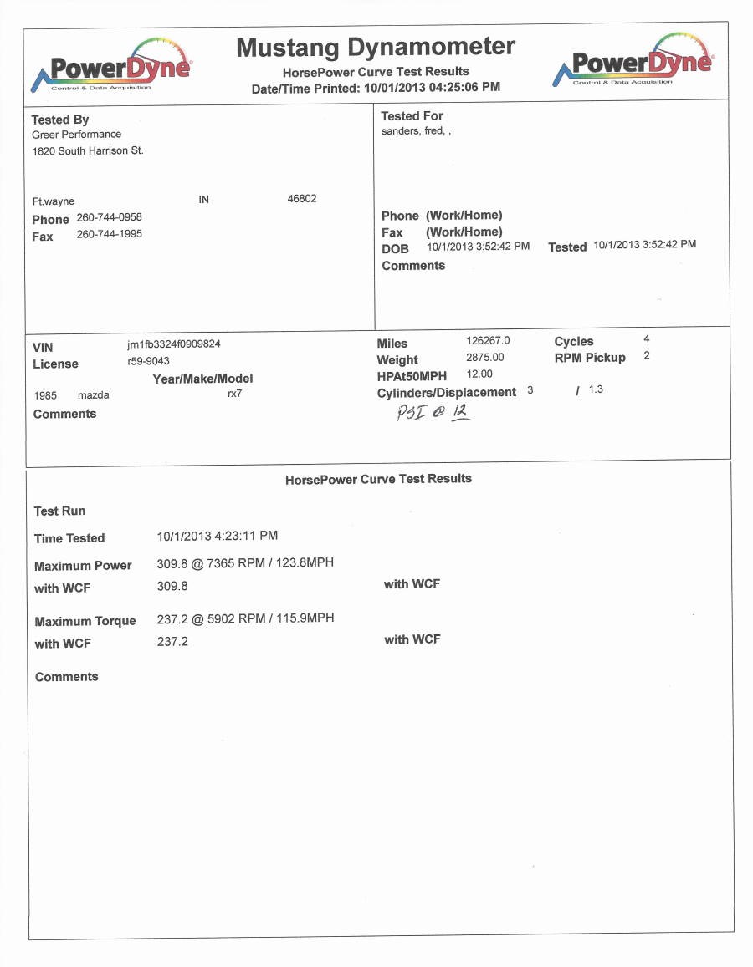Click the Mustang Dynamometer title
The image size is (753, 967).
pos(376,48)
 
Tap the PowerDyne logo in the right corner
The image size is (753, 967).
pos(633,63)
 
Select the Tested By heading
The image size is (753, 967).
pos(60,120)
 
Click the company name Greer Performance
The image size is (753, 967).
pos(76,135)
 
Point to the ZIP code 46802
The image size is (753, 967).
pos(302,199)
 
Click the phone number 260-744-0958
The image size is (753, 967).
pos(109,217)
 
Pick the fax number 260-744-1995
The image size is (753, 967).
pos(109,234)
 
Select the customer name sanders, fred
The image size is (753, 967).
pos(416,131)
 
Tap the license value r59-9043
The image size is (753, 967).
pos(148,361)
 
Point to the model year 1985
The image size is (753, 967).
pos(45,395)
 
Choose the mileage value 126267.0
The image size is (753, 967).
pos(488,341)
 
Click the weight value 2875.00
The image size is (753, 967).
pos(485,358)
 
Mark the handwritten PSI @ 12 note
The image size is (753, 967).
pos(433,412)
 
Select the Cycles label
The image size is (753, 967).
pos(574,341)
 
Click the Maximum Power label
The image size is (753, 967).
pos(83,566)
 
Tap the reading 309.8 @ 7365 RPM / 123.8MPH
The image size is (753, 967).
pos(245,563)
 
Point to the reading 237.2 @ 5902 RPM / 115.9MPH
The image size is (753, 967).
pos(245,618)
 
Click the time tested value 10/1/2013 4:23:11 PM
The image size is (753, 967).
pos(218,536)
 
